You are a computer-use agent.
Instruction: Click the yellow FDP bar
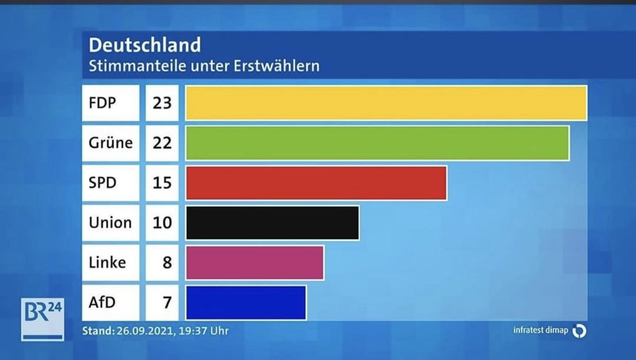tap(386, 103)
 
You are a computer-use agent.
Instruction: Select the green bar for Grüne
tap(377, 143)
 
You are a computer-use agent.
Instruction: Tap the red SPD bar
tap(316, 183)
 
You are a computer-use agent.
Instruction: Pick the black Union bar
tap(272, 222)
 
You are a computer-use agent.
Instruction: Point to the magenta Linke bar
tap(255, 263)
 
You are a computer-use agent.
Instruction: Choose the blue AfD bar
tap(246, 303)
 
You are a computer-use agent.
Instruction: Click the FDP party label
tap(102, 103)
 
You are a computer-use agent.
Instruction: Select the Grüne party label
tap(110, 143)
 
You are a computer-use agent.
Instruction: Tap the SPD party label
tap(102, 183)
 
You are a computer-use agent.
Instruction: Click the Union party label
tap(110, 222)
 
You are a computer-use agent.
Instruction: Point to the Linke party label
tap(107, 263)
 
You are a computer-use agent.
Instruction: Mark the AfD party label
tap(102, 303)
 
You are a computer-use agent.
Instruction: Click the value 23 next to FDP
tap(162, 103)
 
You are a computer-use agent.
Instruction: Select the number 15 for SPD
tap(162, 183)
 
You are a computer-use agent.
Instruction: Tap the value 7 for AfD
tap(167, 303)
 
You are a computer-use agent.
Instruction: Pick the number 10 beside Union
tap(162, 222)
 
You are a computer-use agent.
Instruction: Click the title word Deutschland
tap(145, 45)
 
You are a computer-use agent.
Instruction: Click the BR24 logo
tap(42, 319)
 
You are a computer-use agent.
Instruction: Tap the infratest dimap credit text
tap(540, 330)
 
